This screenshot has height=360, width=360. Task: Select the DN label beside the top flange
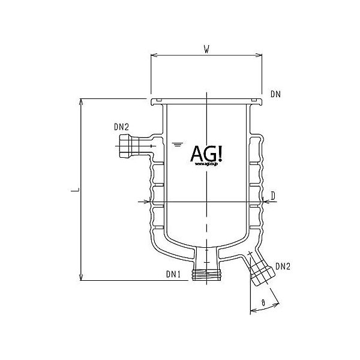pos(275,94)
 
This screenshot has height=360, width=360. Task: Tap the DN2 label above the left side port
pos(121,127)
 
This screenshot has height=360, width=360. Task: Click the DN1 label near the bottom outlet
pos(173,275)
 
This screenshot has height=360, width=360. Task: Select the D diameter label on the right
pos(272,196)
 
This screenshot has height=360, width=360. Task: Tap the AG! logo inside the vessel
pos(206,154)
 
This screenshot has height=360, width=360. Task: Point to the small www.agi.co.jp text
pos(206,166)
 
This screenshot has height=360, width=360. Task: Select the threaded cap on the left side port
pos(125,146)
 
